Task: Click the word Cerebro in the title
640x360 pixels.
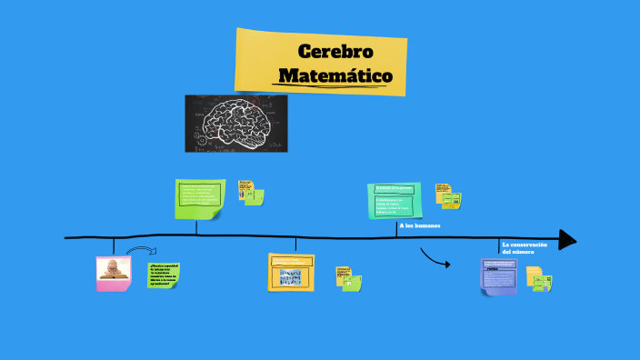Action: pyautogui.click(x=335, y=50)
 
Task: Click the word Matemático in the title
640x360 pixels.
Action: pyautogui.click(x=335, y=75)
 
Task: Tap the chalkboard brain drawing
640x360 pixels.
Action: pyautogui.click(x=236, y=123)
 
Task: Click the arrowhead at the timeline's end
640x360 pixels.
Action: pyautogui.click(x=567, y=239)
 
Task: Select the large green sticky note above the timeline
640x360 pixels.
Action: pyautogui.click(x=199, y=199)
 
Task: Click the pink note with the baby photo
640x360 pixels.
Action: pyautogui.click(x=114, y=273)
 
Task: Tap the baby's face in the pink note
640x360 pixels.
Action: pyautogui.click(x=112, y=267)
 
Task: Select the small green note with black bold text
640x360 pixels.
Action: pyautogui.click(x=164, y=275)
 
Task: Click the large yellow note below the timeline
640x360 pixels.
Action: pyautogui.click(x=292, y=273)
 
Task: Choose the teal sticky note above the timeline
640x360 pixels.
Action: pyautogui.click(x=395, y=200)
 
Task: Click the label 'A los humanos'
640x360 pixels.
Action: pyautogui.click(x=419, y=225)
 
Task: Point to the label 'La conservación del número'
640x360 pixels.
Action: pyautogui.click(x=525, y=247)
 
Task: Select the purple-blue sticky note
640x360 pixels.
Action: pyautogui.click(x=499, y=275)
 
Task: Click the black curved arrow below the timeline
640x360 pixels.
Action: pyautogui.click(x=437, y=261)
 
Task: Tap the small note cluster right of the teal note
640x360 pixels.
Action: pyautogui.click(x=447, y=194)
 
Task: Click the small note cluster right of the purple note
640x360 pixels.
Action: pyautogui.click(x=539, y=279)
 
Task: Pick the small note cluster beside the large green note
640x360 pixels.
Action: pyautogui.click(x=251, y=192)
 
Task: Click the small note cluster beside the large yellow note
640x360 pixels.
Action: pyautogui.click(x=348, y=278)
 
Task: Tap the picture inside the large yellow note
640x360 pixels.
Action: pyautogui.click(x=291, y=277)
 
